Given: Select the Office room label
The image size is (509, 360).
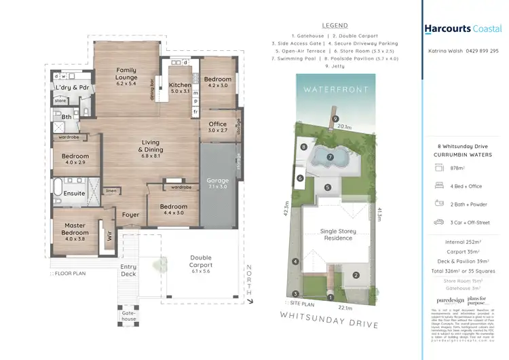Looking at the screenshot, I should click(218, 127).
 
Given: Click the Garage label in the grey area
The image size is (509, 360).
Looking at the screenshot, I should click(218, 183).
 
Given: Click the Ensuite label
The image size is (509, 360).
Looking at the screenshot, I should click(74, 193).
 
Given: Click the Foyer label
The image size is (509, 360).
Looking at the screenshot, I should click(130, 215).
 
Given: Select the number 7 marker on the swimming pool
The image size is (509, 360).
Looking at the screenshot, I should click(330, 157).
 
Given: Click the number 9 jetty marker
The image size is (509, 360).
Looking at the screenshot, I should click(335, 120).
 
